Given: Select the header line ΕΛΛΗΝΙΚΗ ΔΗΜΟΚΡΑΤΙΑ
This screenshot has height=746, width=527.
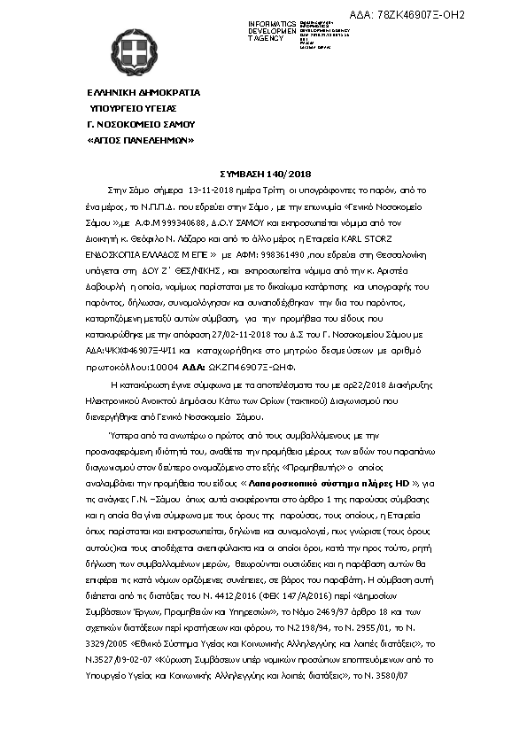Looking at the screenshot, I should tap(143, 92).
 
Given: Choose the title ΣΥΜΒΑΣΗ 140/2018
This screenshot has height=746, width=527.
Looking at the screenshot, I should tap(263, 175).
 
